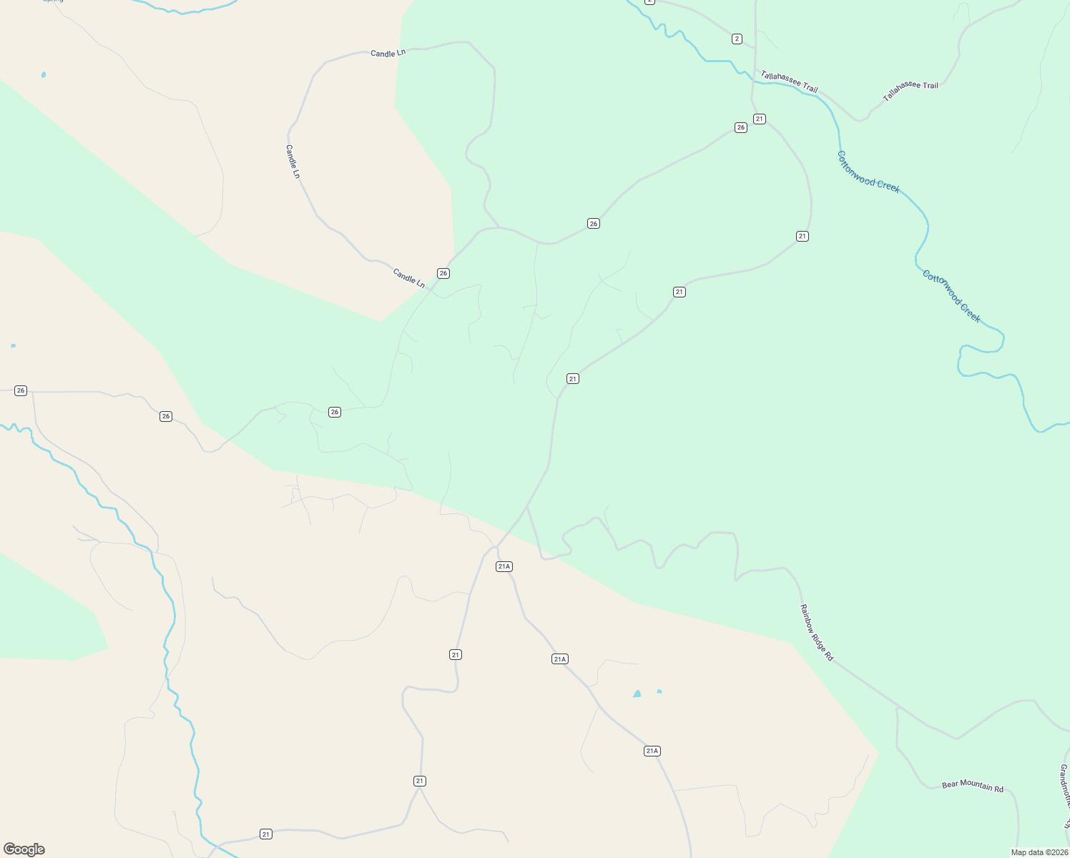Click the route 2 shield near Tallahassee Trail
(737, 39)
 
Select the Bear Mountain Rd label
(972, 785)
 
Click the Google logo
(24, 849)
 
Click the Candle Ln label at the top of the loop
(388, 53)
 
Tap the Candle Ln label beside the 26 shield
(408, 277)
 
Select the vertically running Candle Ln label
(292, 162)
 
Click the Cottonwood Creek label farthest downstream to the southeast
(951, 296)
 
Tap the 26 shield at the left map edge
(21, 390)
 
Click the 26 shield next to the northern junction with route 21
(740, 127)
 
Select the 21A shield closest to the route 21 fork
(504, 566)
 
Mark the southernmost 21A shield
(651, 751)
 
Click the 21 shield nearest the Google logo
(266, 834)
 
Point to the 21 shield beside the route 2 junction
(759, 119)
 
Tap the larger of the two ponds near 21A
(637, 694)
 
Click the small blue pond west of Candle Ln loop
(44, 74)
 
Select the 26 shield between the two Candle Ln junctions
(593, 224)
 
